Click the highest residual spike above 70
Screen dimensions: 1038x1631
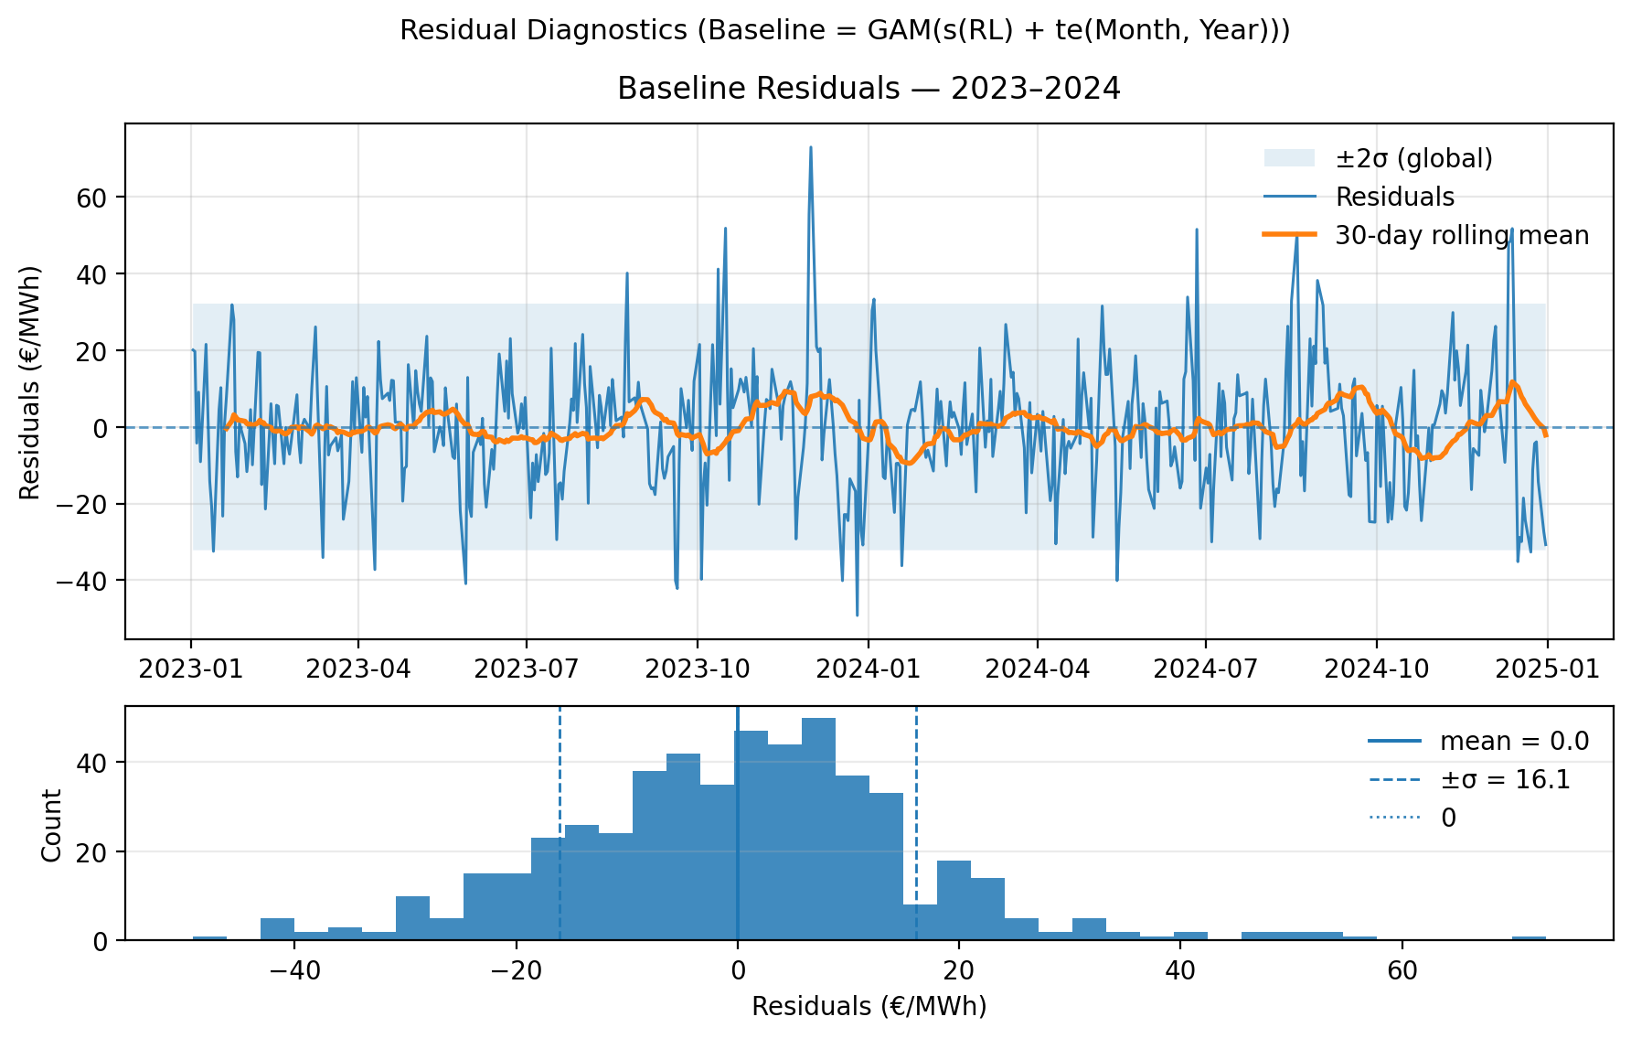coord(810,148)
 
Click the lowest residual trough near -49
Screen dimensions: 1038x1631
coord(857,614)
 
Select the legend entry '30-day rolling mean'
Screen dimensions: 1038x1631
coord(1461,236)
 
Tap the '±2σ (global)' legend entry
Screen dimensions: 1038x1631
coord(1413,159)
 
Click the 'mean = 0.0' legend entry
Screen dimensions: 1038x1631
coord(1514,741)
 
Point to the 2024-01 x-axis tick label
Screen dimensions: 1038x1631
coord(868,669)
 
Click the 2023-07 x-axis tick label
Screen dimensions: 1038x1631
coord(528,669)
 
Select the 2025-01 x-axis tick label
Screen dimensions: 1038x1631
coord(1547,669)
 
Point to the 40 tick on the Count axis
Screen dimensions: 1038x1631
coord(99,763)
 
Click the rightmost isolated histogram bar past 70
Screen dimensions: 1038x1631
coord(1529,937)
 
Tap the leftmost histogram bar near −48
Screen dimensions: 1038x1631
coord(209,937)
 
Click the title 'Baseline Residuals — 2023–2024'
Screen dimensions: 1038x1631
coord(869,89)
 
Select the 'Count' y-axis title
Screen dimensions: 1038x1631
coord(52,825)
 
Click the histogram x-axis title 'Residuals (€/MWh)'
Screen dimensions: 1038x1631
coord(869,1007)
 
